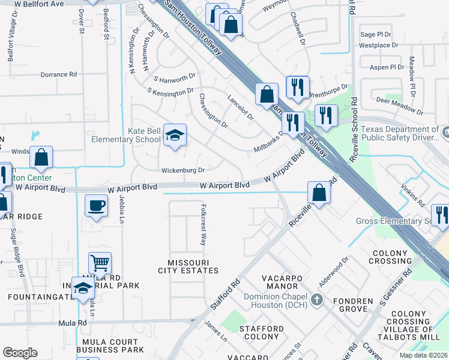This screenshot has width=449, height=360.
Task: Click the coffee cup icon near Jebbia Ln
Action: click(x=96, y=206)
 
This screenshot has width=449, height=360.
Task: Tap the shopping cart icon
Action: click(x=100, y=263)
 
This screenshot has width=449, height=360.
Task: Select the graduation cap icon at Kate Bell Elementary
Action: click(x=175, y=136)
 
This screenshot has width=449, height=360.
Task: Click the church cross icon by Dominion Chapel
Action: click(x=318, y=299)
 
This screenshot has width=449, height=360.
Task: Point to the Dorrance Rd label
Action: click(x=59, y=74)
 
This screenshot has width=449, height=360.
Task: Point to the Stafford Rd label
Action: click(x=226, y=294)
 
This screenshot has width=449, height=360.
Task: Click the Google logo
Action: click(x=20, y=353)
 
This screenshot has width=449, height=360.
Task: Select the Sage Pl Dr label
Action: click(x=376, y=35)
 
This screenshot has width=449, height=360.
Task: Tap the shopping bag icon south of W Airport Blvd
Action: click(x=319, y=193)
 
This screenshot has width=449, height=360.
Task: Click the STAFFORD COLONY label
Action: click(x=261, y=333)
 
